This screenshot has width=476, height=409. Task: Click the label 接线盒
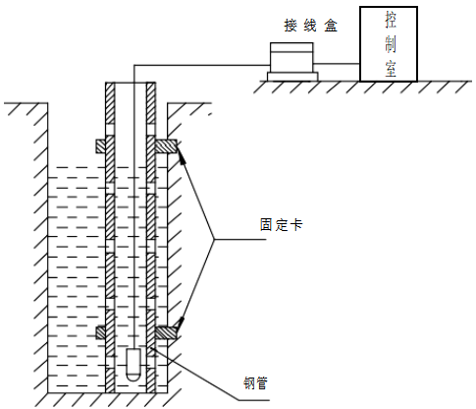[310, 26]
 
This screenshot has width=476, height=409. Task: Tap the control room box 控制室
[389, 44]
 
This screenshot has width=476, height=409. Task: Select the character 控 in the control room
[391, 20]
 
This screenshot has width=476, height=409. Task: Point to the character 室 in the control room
[391, 69]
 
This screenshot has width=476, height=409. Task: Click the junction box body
[291, 58]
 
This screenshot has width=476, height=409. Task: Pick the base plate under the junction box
[292, 77]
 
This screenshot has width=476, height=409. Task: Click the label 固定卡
[281, 225]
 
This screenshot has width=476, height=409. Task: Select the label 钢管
[255, 382]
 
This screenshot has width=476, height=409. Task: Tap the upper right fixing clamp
[166, 146]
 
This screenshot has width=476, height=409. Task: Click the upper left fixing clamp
[101, 146]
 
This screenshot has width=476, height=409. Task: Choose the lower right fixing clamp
[166, 332]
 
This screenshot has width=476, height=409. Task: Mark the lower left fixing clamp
[101, 332]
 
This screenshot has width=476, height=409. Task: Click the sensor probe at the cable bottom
[133, 365]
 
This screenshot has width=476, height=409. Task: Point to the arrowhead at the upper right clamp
[182, 155]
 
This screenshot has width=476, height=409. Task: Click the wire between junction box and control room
[337, 64]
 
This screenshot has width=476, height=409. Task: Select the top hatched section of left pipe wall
[110, 103]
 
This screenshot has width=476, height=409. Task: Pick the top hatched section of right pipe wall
[151, 103]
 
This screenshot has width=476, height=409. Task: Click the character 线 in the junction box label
[310, 26]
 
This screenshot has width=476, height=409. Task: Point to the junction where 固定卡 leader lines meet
[215, 239]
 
